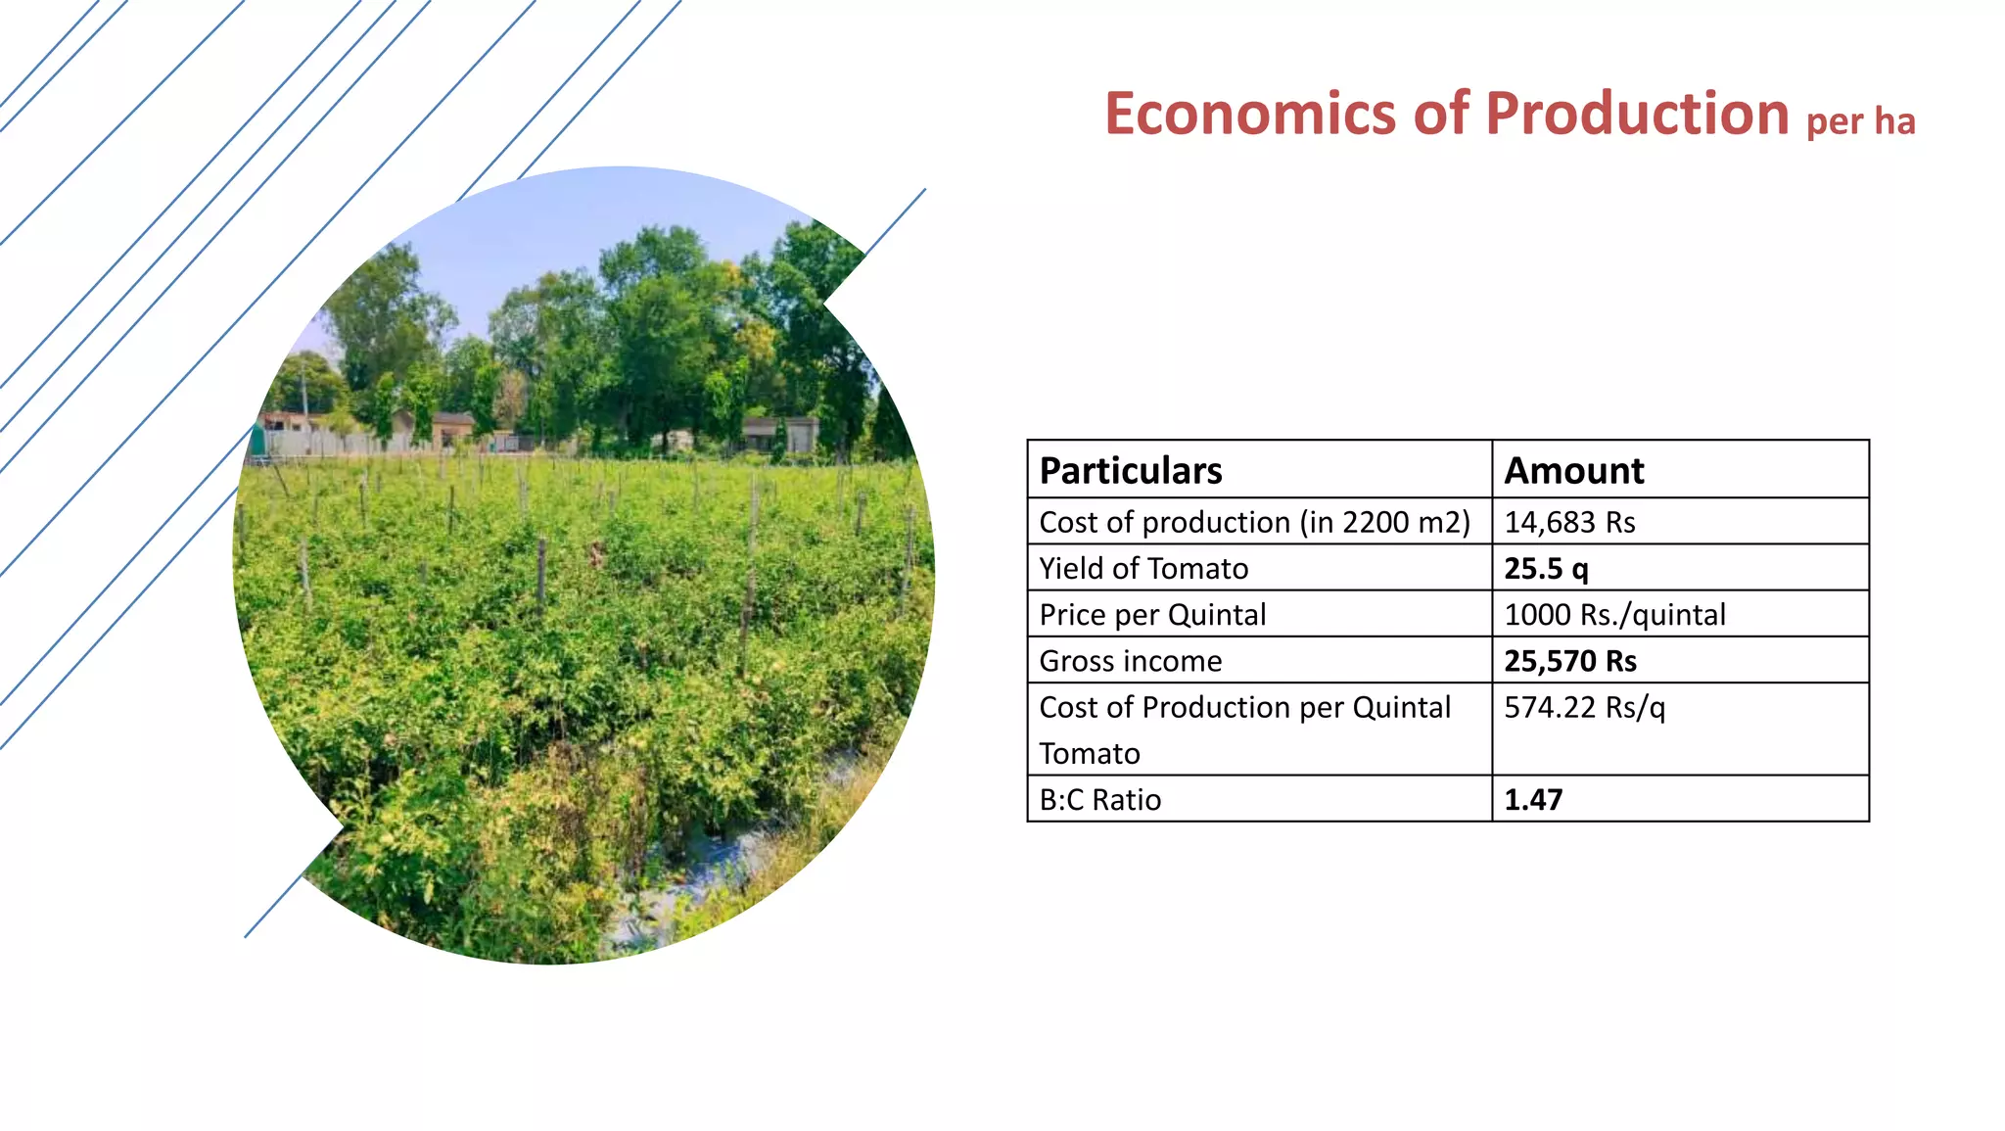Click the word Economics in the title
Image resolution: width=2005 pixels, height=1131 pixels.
point(1250,114)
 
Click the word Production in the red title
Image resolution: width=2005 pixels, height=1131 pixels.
point(1637,114)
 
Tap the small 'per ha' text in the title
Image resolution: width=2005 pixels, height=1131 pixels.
point(1860,121)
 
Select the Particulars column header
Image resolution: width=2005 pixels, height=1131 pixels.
point(1131,471)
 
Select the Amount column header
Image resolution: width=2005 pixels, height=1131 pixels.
point(1574,471)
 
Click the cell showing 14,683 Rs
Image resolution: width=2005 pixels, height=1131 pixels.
point(1569,522)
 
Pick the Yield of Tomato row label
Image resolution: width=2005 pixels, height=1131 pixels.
point(1143,568)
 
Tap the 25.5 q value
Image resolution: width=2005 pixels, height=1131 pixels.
point(1546,568)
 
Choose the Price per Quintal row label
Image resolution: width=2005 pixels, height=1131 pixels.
point(1152,615)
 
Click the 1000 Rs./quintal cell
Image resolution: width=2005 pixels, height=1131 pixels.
point(1614,615)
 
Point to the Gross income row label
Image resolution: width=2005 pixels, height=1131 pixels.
point(1130,661)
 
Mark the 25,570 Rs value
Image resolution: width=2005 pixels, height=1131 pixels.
point(1570,661)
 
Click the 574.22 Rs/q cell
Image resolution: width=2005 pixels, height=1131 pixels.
point(1584,707)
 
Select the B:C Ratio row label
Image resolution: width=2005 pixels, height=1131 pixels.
point(1099,800)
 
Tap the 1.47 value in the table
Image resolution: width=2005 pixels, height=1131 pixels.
point(1533,800)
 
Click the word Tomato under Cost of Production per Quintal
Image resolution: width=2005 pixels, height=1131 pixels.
point(1090,753)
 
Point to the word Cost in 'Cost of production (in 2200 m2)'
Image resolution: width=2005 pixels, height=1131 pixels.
point(1068,522)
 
